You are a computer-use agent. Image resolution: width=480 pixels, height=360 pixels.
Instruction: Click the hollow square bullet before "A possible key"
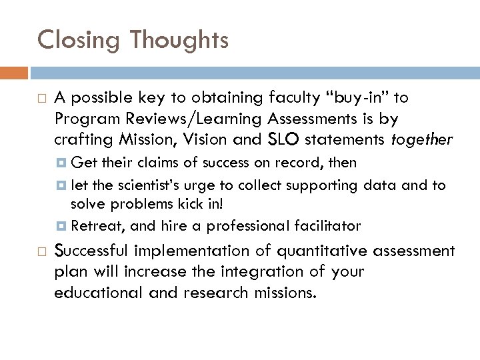coord(41,99)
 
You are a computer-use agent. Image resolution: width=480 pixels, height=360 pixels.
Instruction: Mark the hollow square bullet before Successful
coord(41,251)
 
